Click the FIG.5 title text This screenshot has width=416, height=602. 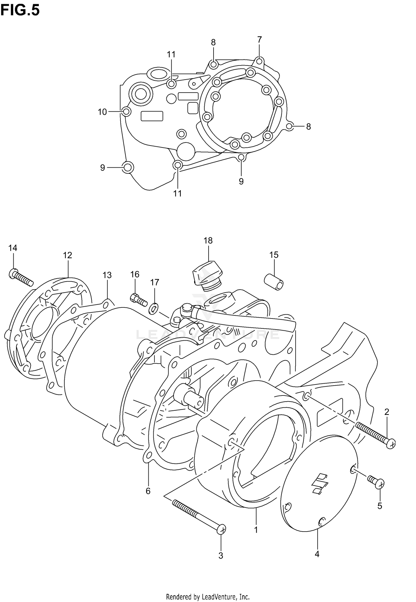20,10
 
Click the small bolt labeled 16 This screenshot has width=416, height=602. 138,300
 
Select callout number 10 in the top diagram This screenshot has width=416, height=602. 102,112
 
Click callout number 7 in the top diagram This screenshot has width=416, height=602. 259,40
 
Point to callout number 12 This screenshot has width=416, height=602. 67,255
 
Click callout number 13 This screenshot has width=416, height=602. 107,275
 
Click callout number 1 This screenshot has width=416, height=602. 256,530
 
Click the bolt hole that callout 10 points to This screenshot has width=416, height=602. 126,112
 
